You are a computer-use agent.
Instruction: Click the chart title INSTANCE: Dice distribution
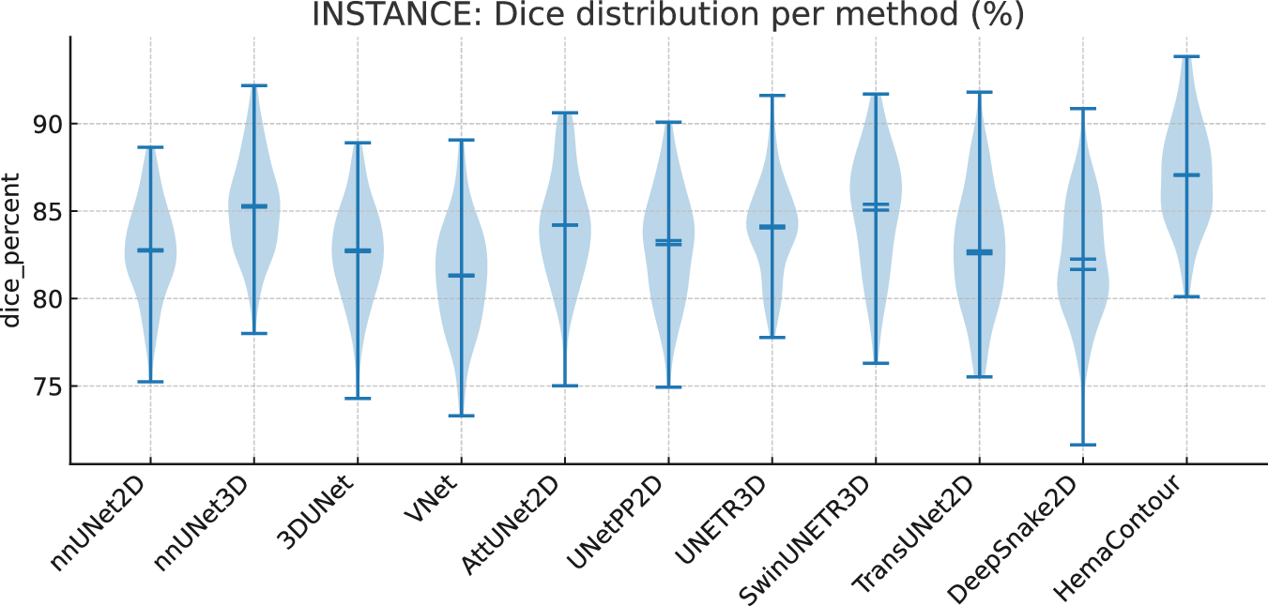(667, 16)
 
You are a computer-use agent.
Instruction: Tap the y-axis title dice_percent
(11, 250)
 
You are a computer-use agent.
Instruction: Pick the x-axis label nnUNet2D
(102, 523)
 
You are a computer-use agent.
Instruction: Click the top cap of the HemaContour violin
(1186, 56)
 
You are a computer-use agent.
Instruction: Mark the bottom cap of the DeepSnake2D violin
(1082, 445)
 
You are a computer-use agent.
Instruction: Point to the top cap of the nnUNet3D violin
(253, 85)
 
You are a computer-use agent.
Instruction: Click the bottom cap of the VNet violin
(461, 416)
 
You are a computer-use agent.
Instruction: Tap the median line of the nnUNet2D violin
(150, 250)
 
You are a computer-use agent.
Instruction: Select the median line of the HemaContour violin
(1186, 174)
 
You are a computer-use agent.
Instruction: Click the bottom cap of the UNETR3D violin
(771, 337)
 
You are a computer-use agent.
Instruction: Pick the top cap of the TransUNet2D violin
(979, 92)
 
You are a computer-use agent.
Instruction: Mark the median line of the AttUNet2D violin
(564, 225)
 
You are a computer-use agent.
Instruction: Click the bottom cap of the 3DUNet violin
(357, 398)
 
